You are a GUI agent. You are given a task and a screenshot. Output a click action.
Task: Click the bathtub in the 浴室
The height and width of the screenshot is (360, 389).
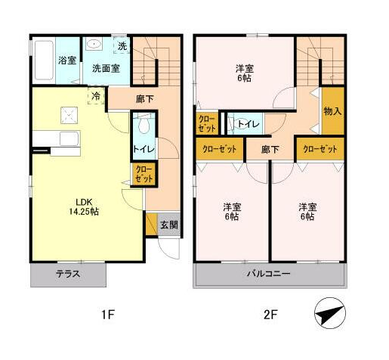(x=44, y=60)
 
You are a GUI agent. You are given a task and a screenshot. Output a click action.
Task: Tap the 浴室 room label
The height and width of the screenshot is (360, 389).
(x=67, y=61)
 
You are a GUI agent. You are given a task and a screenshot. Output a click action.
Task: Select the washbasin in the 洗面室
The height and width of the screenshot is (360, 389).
(x=94, y=45)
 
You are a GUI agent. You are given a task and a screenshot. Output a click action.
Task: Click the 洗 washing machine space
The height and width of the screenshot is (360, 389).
(x=122, y=45)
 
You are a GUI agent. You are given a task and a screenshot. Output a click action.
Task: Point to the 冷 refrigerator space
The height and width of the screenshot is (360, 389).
(x=96, y=96)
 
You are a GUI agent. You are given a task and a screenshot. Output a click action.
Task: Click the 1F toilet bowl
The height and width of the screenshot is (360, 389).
(x=144, y=126)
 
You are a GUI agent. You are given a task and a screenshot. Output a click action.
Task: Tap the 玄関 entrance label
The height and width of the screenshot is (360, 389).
(x=169, y=225)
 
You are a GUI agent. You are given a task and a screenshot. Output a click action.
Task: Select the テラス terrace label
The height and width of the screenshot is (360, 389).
(x=68, y=274)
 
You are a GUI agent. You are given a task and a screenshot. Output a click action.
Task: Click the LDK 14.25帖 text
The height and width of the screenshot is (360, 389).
(x=84, y=206)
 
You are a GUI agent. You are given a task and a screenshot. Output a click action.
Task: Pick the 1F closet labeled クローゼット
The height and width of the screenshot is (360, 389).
(x=144, y=175)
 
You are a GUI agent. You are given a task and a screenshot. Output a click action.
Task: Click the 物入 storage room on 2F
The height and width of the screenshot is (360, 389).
(x=333, y=110)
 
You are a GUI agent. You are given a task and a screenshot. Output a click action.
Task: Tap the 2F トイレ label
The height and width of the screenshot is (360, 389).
(x=249, y=124)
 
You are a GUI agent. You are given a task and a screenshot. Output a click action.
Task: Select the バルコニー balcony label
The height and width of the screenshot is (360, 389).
(x=269, y=274)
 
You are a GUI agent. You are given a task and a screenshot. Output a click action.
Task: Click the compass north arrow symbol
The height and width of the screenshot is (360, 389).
(x=330, y=313)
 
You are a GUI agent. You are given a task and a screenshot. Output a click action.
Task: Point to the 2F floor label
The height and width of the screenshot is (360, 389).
(x=270, y=315)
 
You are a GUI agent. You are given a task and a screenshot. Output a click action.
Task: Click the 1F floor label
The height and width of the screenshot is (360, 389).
(x=108, y=315)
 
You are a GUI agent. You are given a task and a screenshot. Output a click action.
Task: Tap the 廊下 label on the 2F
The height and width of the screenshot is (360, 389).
(x=270, y=150)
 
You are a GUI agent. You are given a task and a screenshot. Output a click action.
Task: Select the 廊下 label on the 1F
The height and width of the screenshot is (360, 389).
(x=144, y=99)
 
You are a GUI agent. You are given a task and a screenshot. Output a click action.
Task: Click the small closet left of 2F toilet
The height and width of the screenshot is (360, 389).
(x=207, y=123)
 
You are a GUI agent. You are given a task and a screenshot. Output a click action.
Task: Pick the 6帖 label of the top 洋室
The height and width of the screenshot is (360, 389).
(x=244, y=79)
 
